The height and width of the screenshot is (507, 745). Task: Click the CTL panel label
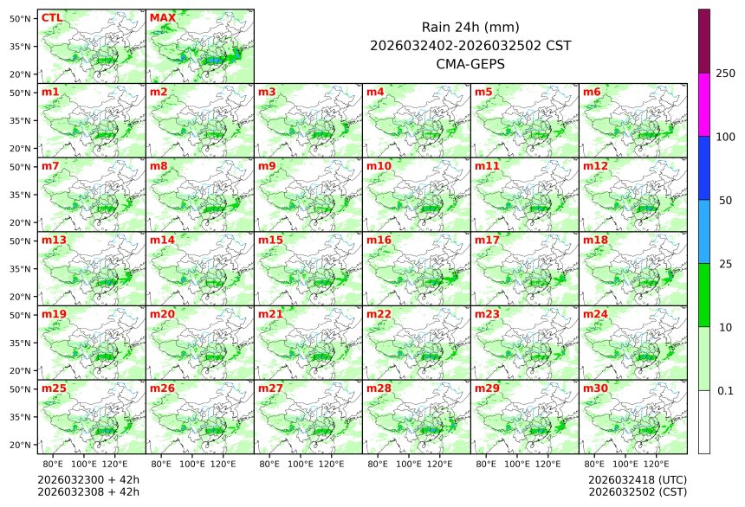[x=51, y=17]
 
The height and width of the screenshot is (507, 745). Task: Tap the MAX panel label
[x=162, y=17]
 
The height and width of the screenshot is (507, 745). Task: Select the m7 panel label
[x=50, y=165]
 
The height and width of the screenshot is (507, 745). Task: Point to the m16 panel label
[x=379, y=240]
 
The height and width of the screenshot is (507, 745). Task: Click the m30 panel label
[x=595, y=388]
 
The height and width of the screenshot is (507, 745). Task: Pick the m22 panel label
[x=379, y=314]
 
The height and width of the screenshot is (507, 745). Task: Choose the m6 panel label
[x=592, y=92]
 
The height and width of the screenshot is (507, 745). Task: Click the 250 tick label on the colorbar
[x=725, y=74]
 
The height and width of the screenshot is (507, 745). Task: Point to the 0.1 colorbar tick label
[x=725, y=391]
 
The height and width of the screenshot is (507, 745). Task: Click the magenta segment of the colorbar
[x=704, y=105]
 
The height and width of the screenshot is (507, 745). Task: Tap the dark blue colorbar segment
[x=704, y=168]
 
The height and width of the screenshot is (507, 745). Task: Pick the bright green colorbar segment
[x=704, y=295]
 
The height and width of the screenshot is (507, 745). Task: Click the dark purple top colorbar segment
[x=704, y=41]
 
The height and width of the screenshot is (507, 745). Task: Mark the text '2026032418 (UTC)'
[x=637, y=479]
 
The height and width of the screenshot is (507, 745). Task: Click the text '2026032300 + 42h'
[x=88, y=479]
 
